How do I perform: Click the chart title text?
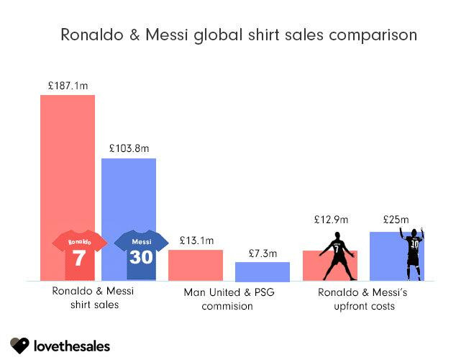[238, 35]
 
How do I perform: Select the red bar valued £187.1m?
[68, 166]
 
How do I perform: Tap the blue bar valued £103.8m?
[129, 194]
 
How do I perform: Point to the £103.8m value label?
[129, 148]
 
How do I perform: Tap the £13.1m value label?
[196, 240]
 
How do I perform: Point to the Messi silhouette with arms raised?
[413, 253]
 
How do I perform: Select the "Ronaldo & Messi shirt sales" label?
[86, 299]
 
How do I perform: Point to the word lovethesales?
[72, 346]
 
